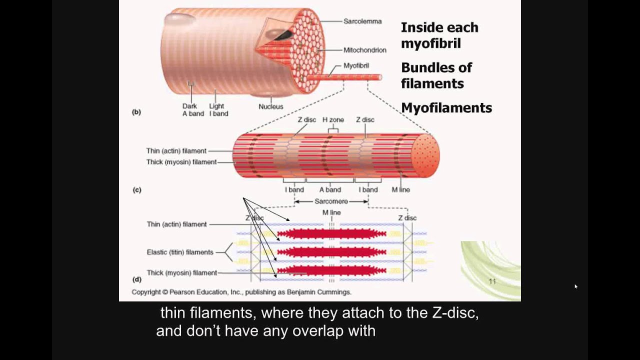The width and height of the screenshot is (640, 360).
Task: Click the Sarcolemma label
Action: click(362, 21)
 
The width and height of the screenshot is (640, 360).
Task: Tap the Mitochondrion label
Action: click(364, 50)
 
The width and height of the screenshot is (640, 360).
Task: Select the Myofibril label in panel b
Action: click(356, 65)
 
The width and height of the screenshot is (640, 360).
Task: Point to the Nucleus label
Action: click(270, 106)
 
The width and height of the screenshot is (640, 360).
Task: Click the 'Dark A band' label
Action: click(193, 110)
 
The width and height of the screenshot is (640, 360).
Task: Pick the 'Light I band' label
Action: click(218, 110)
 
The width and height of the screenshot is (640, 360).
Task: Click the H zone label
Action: click(332, 120)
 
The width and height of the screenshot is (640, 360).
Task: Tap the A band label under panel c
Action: click(330, 190)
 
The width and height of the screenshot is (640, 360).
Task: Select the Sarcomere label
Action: click(331, 201)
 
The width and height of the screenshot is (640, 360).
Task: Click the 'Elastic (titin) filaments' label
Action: click(180, 252)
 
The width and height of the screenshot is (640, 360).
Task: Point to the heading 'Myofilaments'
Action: click(446, 108)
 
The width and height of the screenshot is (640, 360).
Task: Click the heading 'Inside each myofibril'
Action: click(439, 35)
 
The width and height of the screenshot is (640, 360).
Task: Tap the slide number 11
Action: click(492, 281)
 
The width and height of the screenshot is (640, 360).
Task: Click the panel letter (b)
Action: click(136, 112)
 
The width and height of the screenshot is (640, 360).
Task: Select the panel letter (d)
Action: click(136, 279)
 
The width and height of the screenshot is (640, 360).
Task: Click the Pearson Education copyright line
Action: click(241, 292)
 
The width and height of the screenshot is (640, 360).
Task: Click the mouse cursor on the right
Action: click(576, 286)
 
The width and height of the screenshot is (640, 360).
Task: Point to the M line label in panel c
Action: click(400, 190)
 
